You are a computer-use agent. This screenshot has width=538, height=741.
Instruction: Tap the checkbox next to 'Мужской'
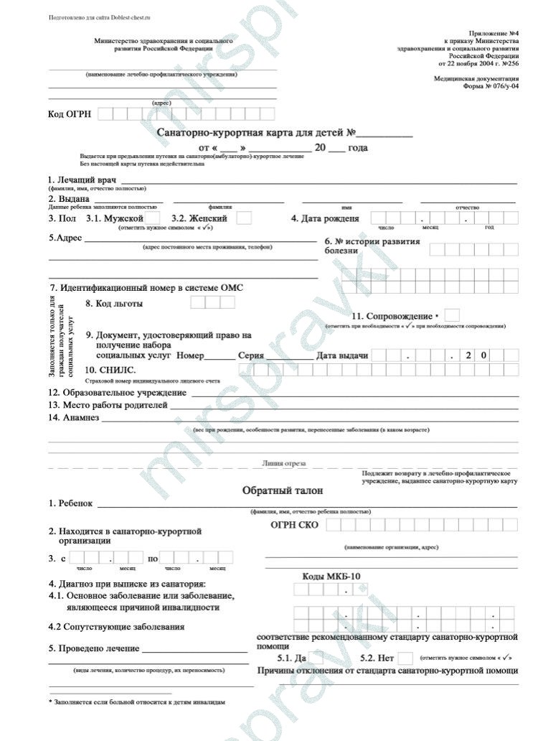[x=154, y=218]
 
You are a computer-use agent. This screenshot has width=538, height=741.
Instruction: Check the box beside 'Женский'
[x=244, y=218]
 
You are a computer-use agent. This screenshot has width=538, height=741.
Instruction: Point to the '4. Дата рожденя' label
[x=325, y=218]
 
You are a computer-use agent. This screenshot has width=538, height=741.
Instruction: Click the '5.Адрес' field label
[x=65, y=238]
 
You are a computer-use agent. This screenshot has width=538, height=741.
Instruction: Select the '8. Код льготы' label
[x=114, y=303]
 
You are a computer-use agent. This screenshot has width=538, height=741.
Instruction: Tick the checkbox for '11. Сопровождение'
[x=452, y=315]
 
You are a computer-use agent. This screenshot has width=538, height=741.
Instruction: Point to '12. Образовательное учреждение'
[x=117, y=393]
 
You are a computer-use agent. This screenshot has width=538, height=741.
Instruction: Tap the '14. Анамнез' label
[x=74, y=417]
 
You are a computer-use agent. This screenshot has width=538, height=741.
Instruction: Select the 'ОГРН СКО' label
[x=295, y=525]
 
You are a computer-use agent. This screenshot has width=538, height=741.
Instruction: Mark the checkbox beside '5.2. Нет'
[x=405, y=658]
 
